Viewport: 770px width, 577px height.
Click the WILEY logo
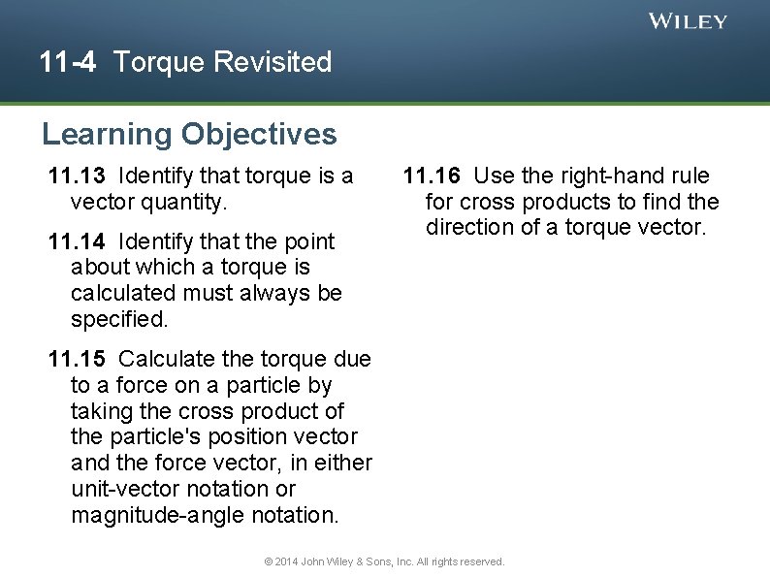coord(688,21)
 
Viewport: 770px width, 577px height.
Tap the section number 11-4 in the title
coord(68,63)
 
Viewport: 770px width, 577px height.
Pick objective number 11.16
coord(432,176)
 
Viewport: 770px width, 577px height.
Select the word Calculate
coord(167,359)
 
